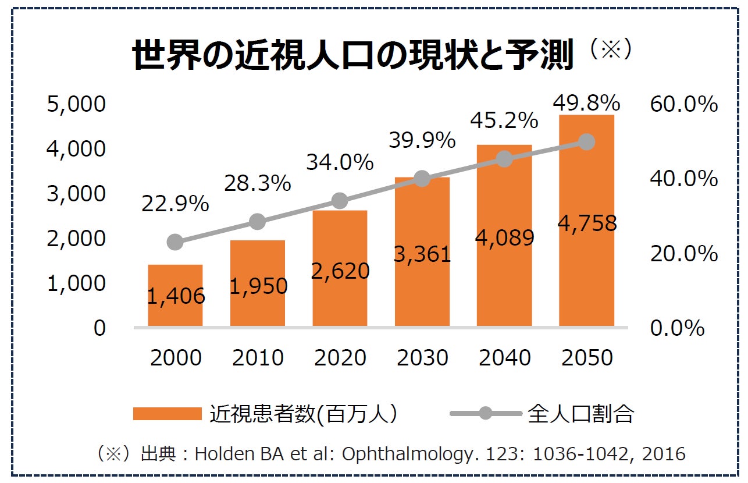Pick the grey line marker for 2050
(x=587, y=142)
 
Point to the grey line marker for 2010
(x=257, y=221)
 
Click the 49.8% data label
(x=586, y=103)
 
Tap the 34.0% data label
(x=340, y=162)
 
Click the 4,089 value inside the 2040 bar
(x=505, y=237)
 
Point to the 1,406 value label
(x=176, y=297)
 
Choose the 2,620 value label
(x=340, y=271)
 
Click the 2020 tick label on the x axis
(x=340, y=358)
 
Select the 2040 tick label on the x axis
(x=505, y=358)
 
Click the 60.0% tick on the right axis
(x=684, y=105)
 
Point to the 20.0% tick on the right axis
(x=684, y=254)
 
